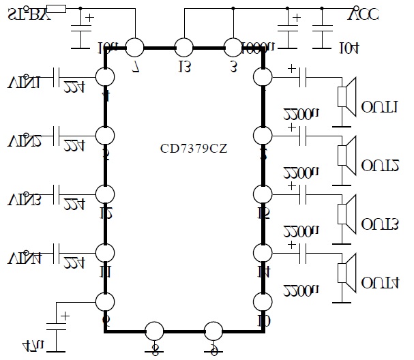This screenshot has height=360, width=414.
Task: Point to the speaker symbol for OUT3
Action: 346,212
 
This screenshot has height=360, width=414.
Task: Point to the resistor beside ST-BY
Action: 57,8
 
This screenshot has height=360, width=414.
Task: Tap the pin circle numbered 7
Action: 134,48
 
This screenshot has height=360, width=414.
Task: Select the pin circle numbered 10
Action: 262,301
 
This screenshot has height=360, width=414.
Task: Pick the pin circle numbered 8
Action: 155,331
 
